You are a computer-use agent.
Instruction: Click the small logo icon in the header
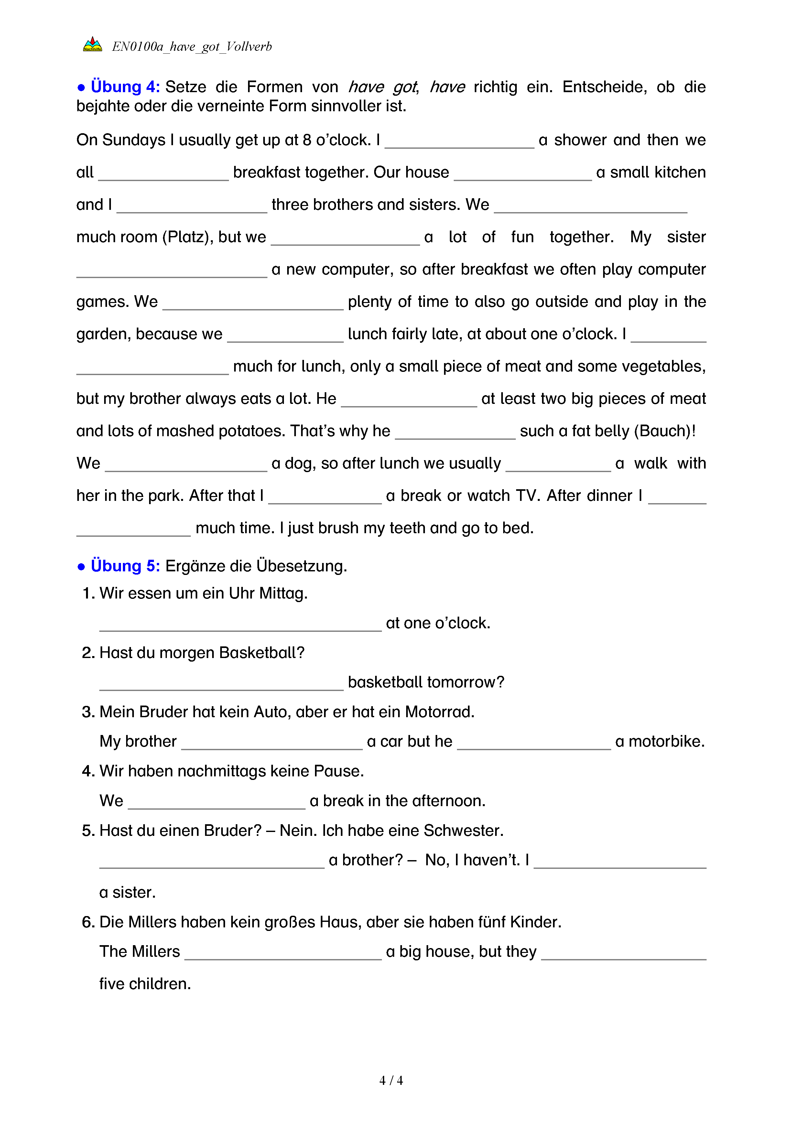coord(92,45)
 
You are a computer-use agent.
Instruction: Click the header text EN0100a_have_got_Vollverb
coord(192,47)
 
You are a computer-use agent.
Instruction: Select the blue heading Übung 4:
coord(125,87)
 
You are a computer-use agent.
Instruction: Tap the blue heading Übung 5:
coord(125,566)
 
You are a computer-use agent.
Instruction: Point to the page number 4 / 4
coord(391,1081)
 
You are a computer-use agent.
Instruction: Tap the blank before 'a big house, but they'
coord(283,954)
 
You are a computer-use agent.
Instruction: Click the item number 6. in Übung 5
coord(88,922)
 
